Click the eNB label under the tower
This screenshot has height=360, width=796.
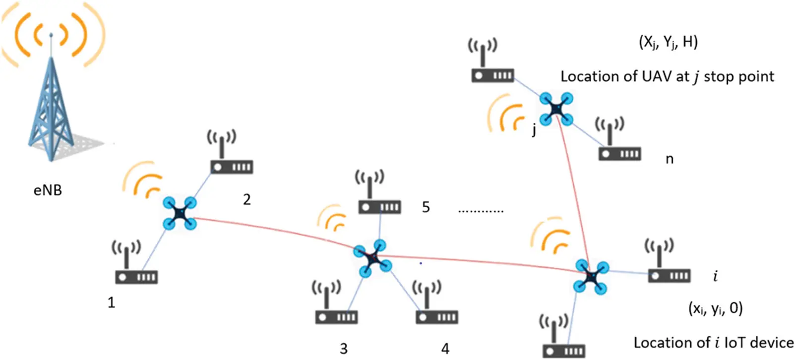48,190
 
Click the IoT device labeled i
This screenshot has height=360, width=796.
669,268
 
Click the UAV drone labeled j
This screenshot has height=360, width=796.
556,108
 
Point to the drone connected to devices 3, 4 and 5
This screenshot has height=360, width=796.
372,258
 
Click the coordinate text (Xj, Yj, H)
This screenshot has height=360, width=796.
668,43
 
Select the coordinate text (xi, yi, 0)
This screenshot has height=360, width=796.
715,308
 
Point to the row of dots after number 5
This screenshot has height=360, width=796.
480,211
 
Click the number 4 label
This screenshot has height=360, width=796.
445,349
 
